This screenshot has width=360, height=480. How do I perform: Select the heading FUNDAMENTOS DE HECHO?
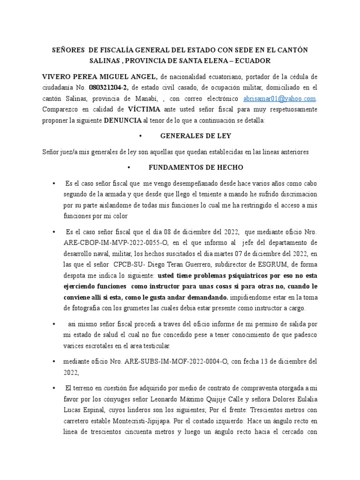(196, 167)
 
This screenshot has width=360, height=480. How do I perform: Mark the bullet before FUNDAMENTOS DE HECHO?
(128, 167)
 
